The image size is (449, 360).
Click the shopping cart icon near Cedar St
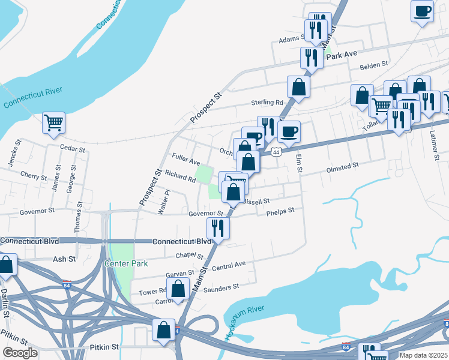click(x=53, y=122)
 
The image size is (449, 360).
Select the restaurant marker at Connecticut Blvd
click(x=218, y=228)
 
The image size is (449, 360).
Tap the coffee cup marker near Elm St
click(x=289, y=131)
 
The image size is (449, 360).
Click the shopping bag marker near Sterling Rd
click(x=298, y=86)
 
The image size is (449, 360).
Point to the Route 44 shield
click(x=276, y=152)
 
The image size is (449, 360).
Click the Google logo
click(x=20, y=352)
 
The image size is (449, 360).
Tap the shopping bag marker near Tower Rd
click(x=178, y=289)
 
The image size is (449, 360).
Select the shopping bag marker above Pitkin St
click(x=164, y=329)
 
